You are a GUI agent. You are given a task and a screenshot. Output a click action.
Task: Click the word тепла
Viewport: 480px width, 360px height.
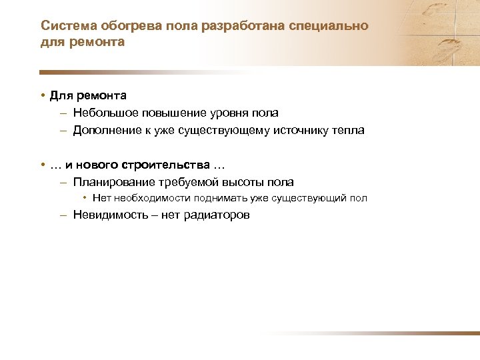click(x=348, y=131)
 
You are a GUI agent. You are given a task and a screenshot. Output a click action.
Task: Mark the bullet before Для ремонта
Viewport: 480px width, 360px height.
click(x=42, y=96)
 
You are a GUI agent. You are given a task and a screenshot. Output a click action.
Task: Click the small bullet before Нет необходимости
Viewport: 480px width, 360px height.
click(x=85, y=198)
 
